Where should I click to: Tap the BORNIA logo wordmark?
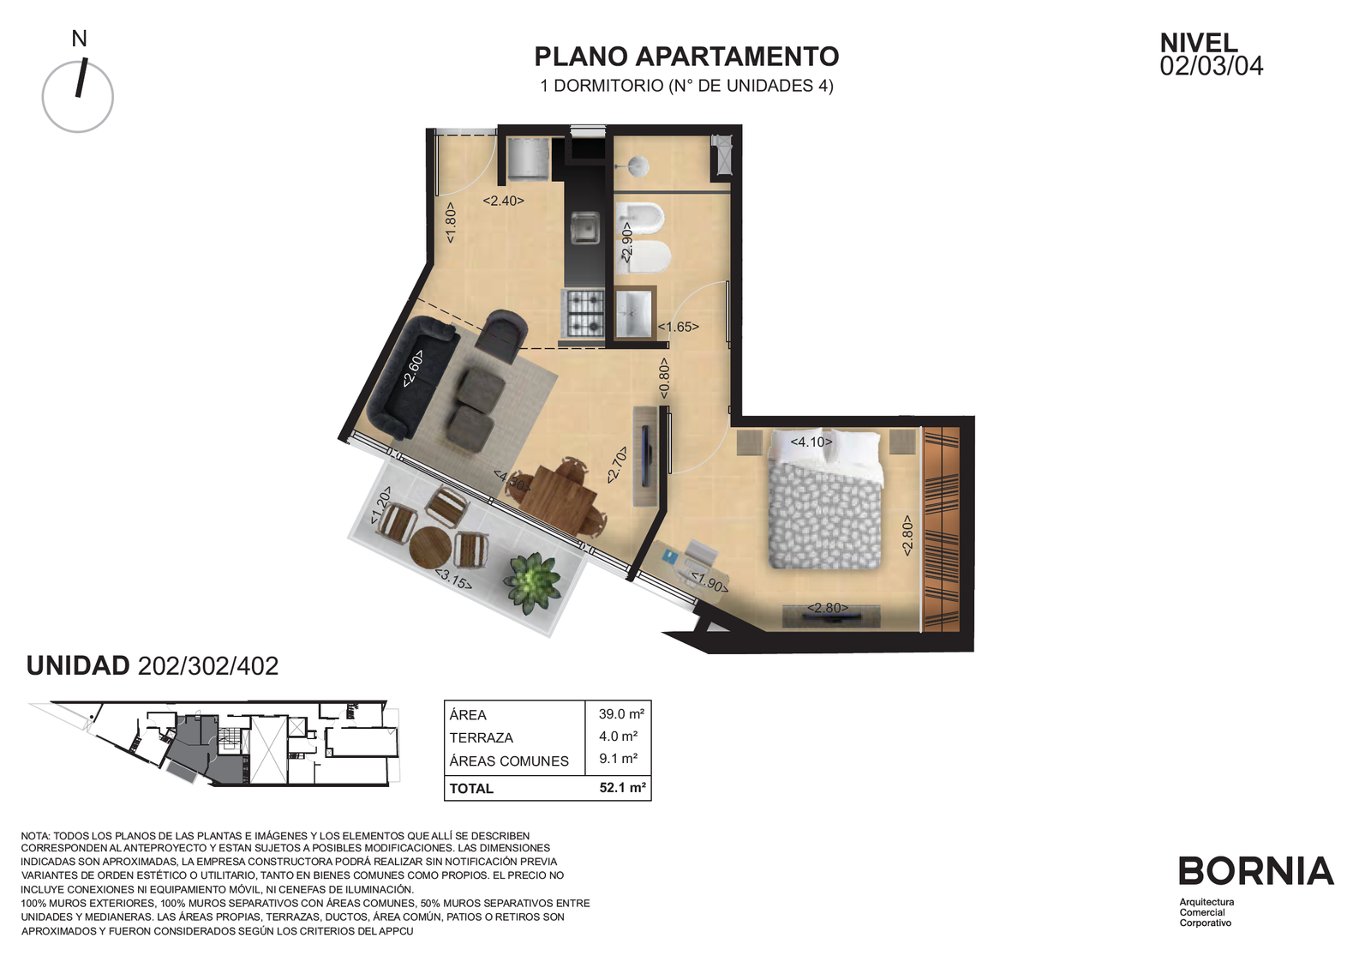(1256, 871)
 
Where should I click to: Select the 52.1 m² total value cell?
(622, 788)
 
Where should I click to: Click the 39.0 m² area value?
(621, 714)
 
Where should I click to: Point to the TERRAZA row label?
(481, 738)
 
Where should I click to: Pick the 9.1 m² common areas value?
(618, 759)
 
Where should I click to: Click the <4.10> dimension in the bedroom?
(811, 442)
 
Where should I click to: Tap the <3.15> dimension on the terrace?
(453, 580)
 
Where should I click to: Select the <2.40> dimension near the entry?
(503, 201)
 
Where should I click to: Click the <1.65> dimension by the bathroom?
(678, 327)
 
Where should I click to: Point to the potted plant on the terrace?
(531, 582)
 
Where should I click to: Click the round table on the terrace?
(430, 547)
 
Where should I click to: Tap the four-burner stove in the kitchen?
(584, 314)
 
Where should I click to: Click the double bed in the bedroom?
(826, 498)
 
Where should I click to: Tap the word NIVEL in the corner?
(1199, 43)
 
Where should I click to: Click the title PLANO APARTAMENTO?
(686, 57)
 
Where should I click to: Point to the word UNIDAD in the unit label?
(78, 665)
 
